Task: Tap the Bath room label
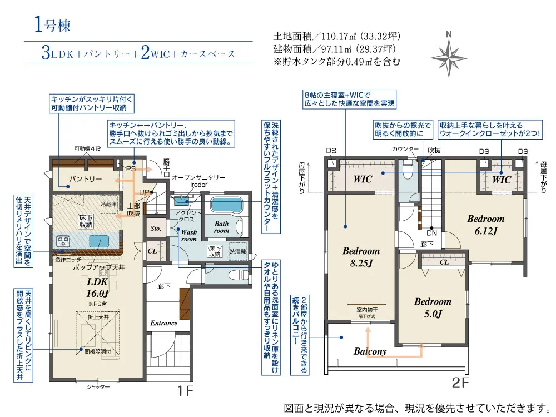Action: [x=222, y=227]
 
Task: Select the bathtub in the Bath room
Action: [x=226, y=205]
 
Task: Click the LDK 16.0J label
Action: [x=97, y=287]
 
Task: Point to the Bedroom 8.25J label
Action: [x=361, y=257]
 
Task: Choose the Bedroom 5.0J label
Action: [x=433, y=307]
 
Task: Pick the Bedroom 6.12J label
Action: [x=486, y=225]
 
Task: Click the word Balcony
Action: [x=370, y=351]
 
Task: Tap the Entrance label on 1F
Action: [x=163, y=323]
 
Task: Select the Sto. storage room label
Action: [x=156, y=229]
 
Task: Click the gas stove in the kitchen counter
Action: [x=63, y=242]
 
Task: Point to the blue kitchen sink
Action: [x=99, y=241]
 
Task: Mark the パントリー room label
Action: [x=85, y=179]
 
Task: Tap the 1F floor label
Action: [x=185, y=391]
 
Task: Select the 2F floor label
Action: [x=460, y=383]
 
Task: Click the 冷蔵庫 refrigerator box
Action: [x=109, y=204]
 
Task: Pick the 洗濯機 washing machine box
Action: [x=237, y=251]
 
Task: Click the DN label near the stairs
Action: [x=431, y=233]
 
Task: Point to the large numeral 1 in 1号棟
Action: [x=39, y=24]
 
